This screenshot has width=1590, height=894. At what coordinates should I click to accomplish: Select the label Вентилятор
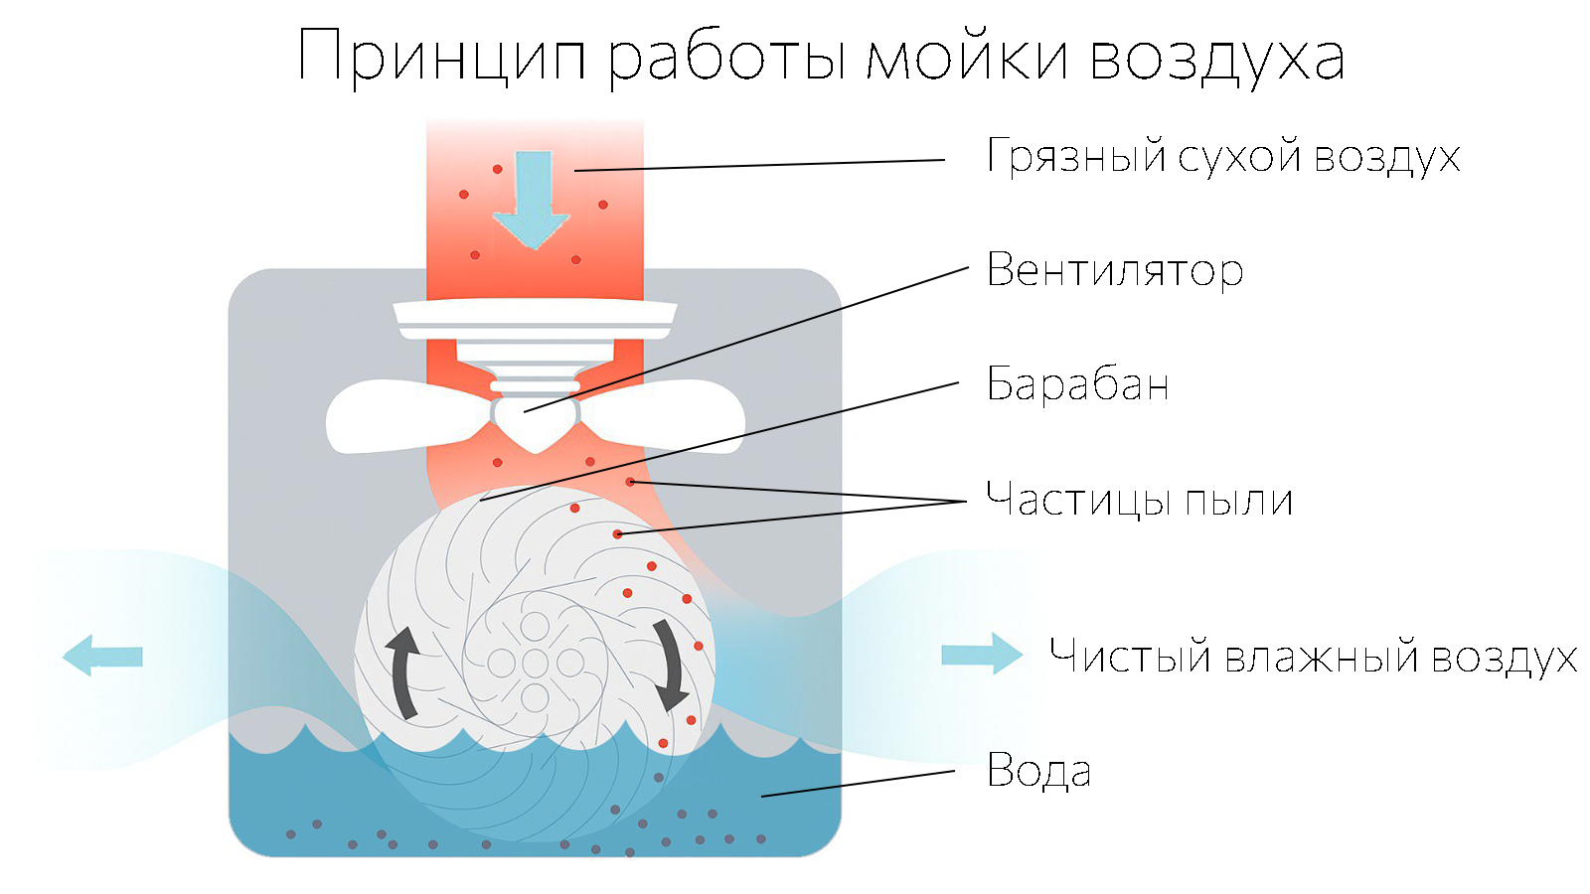coord(1114,270)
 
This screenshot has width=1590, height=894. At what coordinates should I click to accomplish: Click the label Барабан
coord(1077,384)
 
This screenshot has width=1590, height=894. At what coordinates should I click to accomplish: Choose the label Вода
coord(1038,771)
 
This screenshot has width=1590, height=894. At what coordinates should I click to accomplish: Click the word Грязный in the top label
coord(1075,157)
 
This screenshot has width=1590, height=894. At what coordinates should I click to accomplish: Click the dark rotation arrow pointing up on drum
coord(402,670)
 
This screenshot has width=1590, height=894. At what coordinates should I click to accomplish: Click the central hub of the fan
coord(535,419)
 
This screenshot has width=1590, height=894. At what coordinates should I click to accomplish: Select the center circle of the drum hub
coord(535,663)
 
